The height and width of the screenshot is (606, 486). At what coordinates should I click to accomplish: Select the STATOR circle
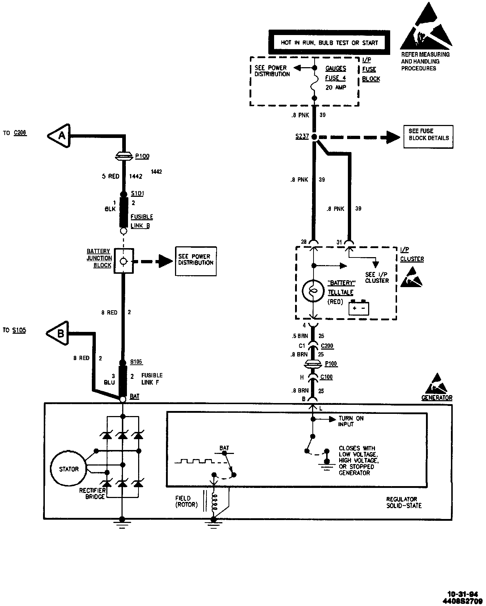point(69,469)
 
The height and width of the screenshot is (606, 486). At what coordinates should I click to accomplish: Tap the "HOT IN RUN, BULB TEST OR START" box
point(329,43)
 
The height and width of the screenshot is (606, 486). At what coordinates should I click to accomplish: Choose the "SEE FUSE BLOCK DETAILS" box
point(428,137)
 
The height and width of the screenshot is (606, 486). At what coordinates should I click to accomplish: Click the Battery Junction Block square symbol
point(123,261)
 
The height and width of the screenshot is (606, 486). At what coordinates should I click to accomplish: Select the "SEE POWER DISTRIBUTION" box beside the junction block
point(196,261)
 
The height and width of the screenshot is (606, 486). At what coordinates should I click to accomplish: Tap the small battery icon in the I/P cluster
point(359,308)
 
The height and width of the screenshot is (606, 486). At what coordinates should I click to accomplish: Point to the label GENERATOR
point(436,398)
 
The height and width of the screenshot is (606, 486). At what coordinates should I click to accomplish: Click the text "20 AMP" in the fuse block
point(336,87)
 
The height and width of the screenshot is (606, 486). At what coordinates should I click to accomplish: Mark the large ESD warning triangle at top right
point(426,27)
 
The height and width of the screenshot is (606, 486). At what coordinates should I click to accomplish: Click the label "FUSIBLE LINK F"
point(152,379)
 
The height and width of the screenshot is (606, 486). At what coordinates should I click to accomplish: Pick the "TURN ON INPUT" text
point(350,421)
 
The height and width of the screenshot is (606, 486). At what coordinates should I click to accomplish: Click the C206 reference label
point(20,133)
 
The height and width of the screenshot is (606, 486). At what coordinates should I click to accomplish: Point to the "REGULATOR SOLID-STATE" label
point(404,502)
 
